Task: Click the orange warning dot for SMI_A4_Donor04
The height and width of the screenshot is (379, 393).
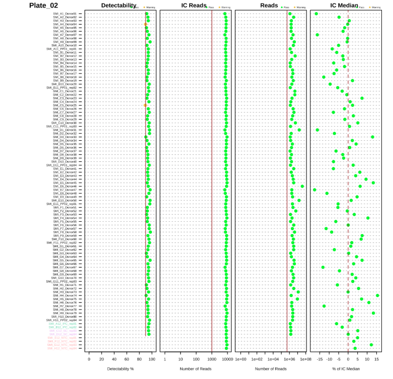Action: click(145, 24)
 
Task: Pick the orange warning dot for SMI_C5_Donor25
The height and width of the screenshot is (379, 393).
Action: click(145, 105)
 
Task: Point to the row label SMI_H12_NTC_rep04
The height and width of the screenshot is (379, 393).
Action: click(62, 348)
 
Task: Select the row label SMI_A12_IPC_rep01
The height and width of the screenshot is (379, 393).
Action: click(62, 324)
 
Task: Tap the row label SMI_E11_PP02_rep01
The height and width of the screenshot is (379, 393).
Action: click(62, 204)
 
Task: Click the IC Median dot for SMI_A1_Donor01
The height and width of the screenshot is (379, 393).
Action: click(316, 14)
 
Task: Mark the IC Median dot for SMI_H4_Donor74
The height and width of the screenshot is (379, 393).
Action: click(377, 296)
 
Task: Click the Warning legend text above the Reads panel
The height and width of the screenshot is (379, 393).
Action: click(301, 8)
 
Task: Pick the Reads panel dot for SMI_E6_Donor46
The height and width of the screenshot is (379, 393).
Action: click(302, 186)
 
